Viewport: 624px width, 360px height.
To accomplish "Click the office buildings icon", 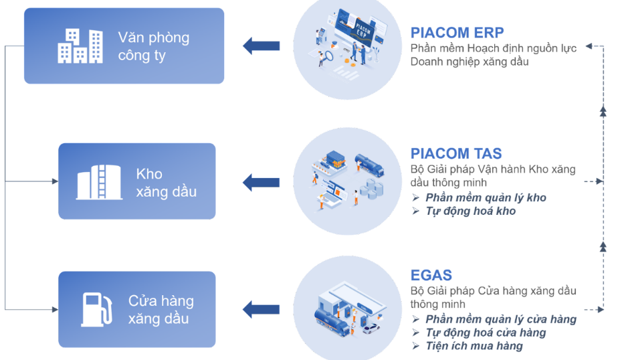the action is pos(80,46).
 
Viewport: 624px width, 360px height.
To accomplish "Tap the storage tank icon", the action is pos(99,181).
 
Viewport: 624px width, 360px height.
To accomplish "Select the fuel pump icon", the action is pos(97,309).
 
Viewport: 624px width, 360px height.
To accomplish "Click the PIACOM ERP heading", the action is pos(457,32).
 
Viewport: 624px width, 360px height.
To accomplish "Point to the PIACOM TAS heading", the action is pos(456,153).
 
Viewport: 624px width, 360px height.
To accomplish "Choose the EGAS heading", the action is pos(431,275).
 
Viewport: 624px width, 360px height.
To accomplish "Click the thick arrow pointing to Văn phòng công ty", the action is pos(261,46).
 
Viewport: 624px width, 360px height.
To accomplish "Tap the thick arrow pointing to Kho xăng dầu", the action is pos(261,183).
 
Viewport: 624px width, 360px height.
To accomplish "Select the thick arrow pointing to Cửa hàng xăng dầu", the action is pos(261,309).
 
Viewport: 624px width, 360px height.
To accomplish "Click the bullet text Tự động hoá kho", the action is pos(471,211).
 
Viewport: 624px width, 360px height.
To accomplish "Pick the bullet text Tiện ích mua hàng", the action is pos(474,346).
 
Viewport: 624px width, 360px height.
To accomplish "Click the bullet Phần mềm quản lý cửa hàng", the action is pos(501,319).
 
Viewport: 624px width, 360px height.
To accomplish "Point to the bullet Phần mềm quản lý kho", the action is pos(486,197).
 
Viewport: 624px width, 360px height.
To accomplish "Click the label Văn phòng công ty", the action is pos(154,46).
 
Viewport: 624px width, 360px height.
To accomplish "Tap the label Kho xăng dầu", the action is pos(167,183).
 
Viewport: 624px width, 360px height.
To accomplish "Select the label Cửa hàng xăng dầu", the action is pos(161,309).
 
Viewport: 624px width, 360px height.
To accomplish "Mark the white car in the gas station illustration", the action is pos(371,329).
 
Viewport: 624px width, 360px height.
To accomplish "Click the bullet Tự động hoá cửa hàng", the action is pos(486,333).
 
